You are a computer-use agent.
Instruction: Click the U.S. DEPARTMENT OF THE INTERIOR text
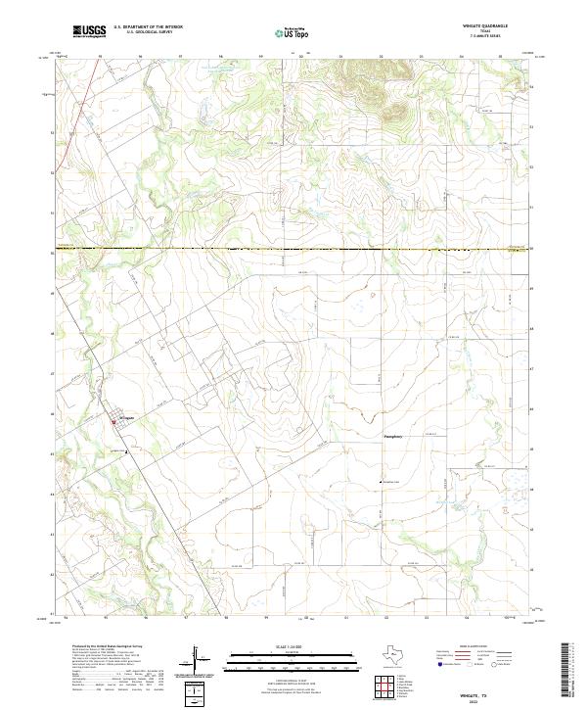(148, 28)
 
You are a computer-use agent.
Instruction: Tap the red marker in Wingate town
(115, 421)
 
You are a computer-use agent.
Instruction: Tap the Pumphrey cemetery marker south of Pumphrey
(381, 483)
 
